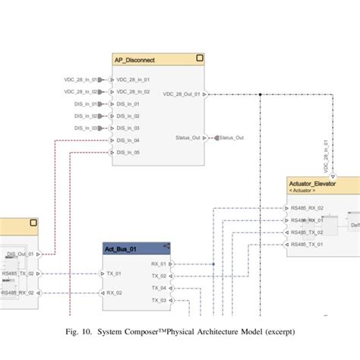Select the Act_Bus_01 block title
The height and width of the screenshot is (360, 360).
coord(121,248)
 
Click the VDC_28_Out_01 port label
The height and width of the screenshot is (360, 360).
coord(182,95)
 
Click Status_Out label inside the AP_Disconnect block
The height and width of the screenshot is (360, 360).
coord(187,137)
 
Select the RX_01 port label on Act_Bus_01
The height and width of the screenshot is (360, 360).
coord(158,264)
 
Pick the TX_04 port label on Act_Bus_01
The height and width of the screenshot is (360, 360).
coord(158,288)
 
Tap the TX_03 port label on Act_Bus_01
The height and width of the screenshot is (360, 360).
coord(158,300)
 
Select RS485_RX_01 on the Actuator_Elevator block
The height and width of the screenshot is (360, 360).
coord(307,220)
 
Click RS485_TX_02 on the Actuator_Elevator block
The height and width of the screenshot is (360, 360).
coord(307,232)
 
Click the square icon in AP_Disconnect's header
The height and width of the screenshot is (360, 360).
coord(199,58)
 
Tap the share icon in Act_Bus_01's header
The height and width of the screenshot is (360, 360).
coord(166,246)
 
